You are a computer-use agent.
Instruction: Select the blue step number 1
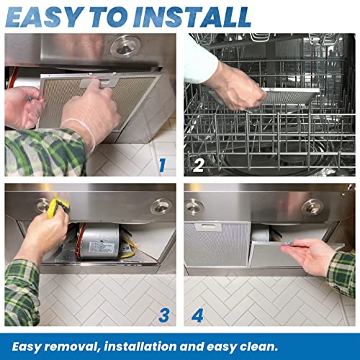pos(162,166)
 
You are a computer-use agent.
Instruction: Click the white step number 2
pos(199,166)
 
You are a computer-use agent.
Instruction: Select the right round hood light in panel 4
pos(312,207)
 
